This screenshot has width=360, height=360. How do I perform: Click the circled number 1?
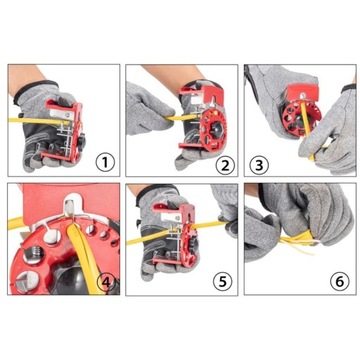(x=105, y=163)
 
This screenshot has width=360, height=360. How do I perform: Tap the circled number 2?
(x=225, y=166)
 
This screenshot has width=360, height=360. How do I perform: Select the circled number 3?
(x=259, y=165)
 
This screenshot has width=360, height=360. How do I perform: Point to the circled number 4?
(x=106, y=282)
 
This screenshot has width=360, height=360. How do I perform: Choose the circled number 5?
(x=223, y=282)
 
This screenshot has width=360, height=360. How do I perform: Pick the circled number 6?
(x=340, y=282)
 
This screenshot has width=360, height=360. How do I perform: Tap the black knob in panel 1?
(x=81, y=139)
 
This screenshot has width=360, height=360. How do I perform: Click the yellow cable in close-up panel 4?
(x=82, y=253)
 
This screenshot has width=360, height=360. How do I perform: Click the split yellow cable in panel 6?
(x=298, y=241)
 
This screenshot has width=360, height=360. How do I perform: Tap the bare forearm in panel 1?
(x=23, y=77)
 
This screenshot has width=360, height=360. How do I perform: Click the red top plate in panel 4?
(x=70, y=202)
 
